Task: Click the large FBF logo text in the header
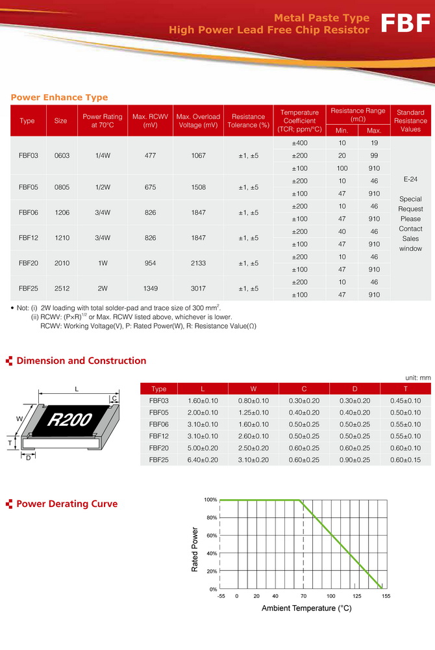click(x=405, y=23)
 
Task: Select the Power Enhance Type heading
click(x=59, y=97)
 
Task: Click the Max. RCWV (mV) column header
click(x=150, y=120)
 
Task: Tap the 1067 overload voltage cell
click(x=198, y=155)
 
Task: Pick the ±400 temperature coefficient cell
click(x=300, y=143)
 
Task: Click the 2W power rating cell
click(x=103, y=288)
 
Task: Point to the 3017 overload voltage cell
click(x=198, y=288)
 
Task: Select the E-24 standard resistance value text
click(x=410, y=178)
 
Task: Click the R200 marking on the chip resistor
click(x=69, y=420)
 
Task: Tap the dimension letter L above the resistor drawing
click(x=76, y=389)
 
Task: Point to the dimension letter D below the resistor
click(x=28, y=458)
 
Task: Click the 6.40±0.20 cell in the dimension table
click(x=202, y=460)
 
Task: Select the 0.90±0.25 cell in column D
click(x=355, y=460)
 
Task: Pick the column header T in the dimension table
click(x=406, y=389)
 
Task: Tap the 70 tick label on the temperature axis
click(x=303, y=596)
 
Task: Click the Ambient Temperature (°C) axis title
click(x=306, y=608)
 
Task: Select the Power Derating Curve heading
click(x=67, y=504)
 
